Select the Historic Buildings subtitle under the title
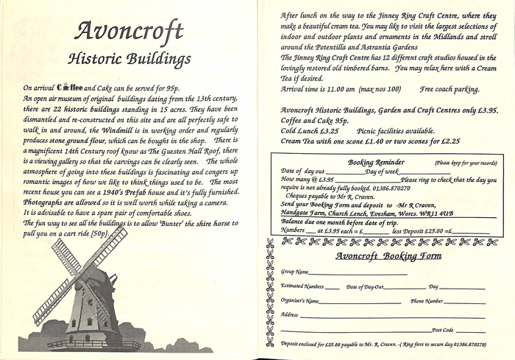(x=129, y=58)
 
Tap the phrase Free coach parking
(x=450, y=89)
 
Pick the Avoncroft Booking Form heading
(x=388, y=256)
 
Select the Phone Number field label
(x=427, y=300)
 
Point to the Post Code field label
(x=443, y=330)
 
